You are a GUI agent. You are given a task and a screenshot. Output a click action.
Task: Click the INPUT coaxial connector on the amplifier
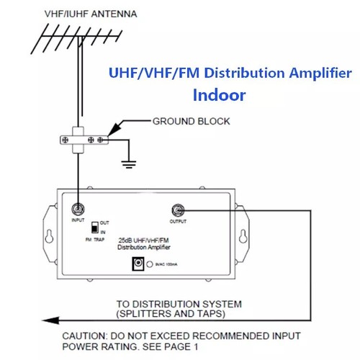click(78, 210)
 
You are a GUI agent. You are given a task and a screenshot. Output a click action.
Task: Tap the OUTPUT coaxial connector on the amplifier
click(177, 210)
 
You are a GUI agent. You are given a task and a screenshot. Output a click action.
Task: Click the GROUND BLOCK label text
click(191, 122)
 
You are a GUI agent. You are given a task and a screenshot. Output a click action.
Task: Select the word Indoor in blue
click(220, 95)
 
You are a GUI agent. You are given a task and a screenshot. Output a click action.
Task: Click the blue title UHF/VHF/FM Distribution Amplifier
click(230, 73)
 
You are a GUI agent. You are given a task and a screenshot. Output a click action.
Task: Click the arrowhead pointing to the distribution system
click(45, 318)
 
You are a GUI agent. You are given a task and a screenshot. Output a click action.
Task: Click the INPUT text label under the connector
click(78, 223)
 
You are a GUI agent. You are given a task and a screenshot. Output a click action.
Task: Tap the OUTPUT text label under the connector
click(177, 223)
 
